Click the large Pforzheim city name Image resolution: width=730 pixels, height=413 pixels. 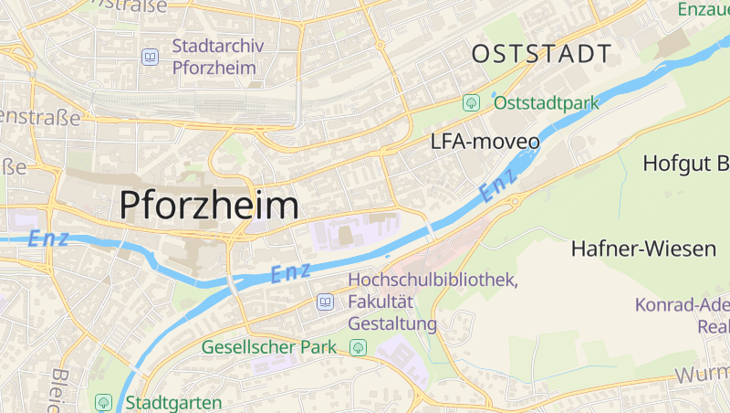[209, 205]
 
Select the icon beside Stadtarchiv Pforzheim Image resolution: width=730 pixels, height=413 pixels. [150, 57]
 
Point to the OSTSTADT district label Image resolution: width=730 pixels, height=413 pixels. [541, 54]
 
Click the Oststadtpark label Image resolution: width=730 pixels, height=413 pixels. [546, 102]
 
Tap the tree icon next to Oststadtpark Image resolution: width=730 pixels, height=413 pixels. [471, 102]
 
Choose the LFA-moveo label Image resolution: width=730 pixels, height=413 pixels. [485, 143]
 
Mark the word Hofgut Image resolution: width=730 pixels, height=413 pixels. [673, 164]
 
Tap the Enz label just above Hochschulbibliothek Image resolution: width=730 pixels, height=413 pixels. [291, 272]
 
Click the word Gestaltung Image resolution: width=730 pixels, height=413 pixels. [392, 323]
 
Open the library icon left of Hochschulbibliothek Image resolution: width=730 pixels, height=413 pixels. [325, 302]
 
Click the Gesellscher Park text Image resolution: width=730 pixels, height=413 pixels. [269, 347]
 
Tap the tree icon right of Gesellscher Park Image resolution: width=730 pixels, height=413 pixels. [358, 347]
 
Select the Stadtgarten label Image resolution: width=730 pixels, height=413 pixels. [173, 402]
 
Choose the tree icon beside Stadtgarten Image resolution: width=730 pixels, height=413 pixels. [103, 402]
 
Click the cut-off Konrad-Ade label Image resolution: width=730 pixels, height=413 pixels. [683, 305]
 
